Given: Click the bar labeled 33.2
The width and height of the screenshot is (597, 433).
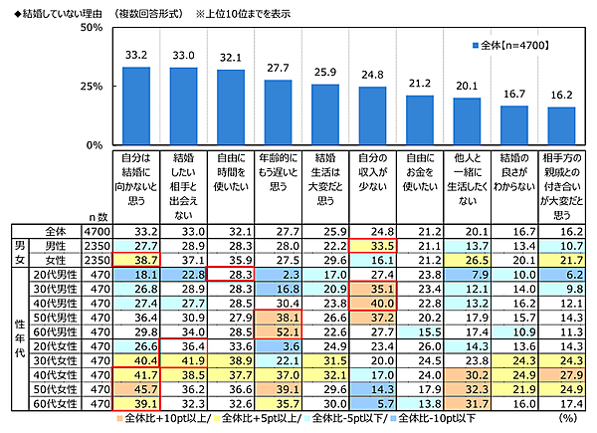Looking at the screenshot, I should tap(135, 106).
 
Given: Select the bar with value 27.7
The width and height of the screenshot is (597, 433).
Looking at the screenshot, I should tap(279, 111).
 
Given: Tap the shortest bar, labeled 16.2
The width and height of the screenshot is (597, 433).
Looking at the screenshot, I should tap(561, 125).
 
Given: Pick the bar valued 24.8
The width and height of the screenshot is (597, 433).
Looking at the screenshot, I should tap(372, 115).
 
